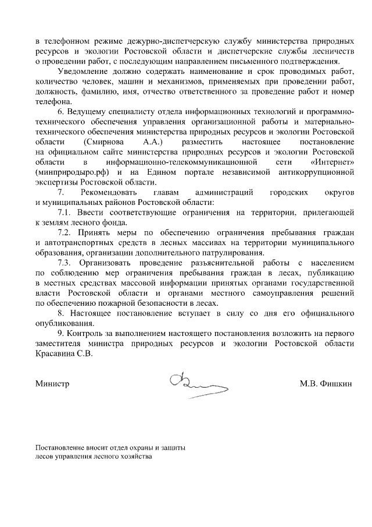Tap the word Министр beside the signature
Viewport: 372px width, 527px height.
coord(52,384)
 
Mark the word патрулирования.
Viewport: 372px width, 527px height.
coord(232,253)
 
